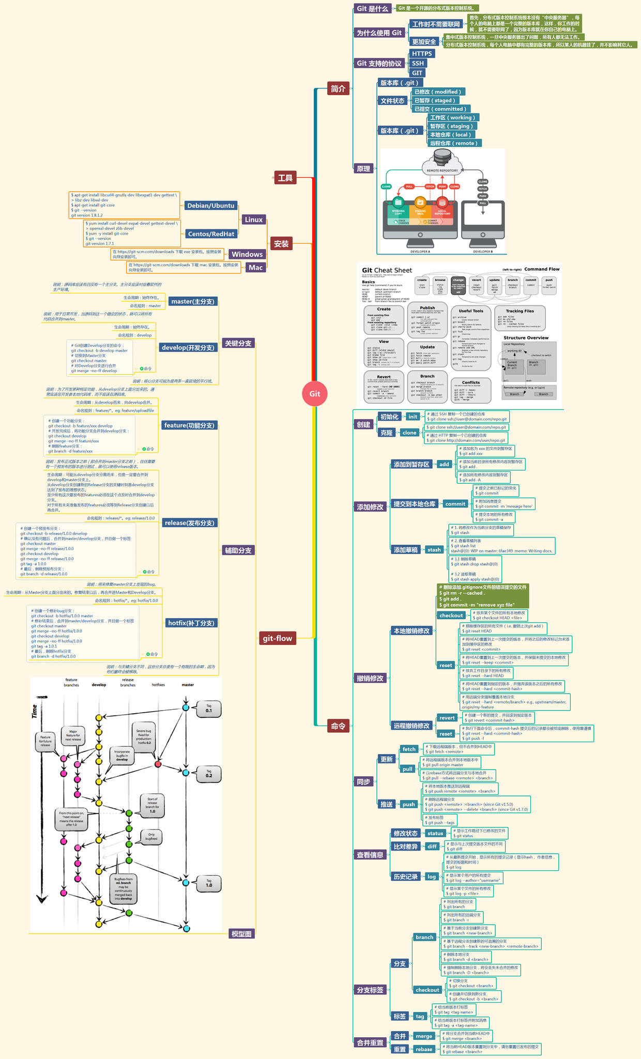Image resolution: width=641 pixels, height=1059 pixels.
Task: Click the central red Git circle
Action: (315, 393)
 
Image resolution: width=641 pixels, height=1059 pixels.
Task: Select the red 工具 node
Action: (285, 178)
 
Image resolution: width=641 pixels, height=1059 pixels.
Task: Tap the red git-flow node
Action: (277, 638)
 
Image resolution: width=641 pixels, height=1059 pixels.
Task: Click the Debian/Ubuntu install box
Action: (211, 206)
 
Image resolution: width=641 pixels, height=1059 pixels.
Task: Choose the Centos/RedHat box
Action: (211, 234)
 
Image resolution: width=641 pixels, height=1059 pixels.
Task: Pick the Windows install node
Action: (247, 254)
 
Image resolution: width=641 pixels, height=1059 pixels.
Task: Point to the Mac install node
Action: (256, 267)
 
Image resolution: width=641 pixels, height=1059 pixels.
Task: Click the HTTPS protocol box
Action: (422, 54)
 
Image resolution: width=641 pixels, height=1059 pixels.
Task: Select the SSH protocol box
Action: (418, 63)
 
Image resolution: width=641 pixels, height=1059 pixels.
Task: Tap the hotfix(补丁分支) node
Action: (191, 623)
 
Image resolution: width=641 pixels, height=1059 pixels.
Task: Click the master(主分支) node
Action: (192, 301)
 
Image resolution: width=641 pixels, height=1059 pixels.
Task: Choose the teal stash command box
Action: (434, 550)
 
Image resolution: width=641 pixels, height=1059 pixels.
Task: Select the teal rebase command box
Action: (424, 1049)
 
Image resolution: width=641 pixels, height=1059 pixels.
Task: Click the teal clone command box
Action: (409, 433)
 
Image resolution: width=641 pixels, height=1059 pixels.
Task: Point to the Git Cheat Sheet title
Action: (387, 270)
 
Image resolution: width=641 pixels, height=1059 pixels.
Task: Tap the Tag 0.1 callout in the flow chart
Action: (209, 709)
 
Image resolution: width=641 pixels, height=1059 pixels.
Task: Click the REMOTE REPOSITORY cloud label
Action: (442, 170)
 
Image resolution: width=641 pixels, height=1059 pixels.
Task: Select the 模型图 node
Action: (241, 934)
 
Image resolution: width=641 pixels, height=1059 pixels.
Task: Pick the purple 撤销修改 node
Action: (370, 678)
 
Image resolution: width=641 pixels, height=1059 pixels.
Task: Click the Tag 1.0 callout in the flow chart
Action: (209, 883)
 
